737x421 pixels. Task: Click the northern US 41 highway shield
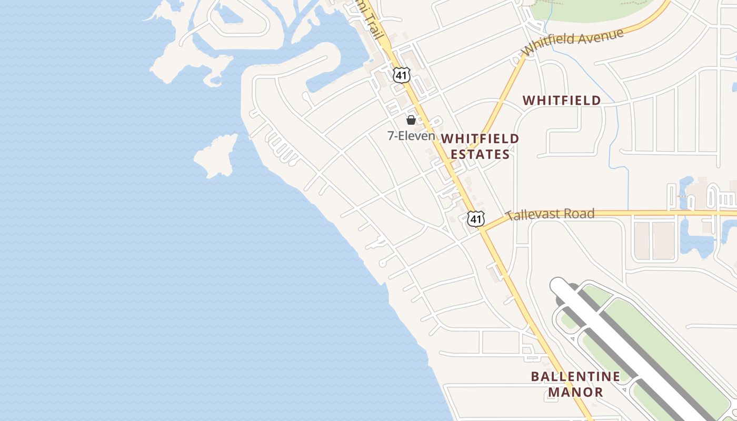401,75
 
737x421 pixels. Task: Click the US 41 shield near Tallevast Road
476,218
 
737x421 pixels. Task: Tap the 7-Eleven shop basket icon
411,120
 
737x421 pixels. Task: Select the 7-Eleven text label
412,136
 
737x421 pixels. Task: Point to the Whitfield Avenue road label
573,42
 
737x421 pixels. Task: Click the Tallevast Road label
550,214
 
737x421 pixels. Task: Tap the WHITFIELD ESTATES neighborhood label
480,146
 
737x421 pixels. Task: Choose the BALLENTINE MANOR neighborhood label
575,384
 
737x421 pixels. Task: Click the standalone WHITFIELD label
561,100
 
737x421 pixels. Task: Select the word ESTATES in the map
480,154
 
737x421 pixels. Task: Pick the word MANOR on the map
575,392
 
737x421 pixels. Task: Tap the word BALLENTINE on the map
575,376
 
